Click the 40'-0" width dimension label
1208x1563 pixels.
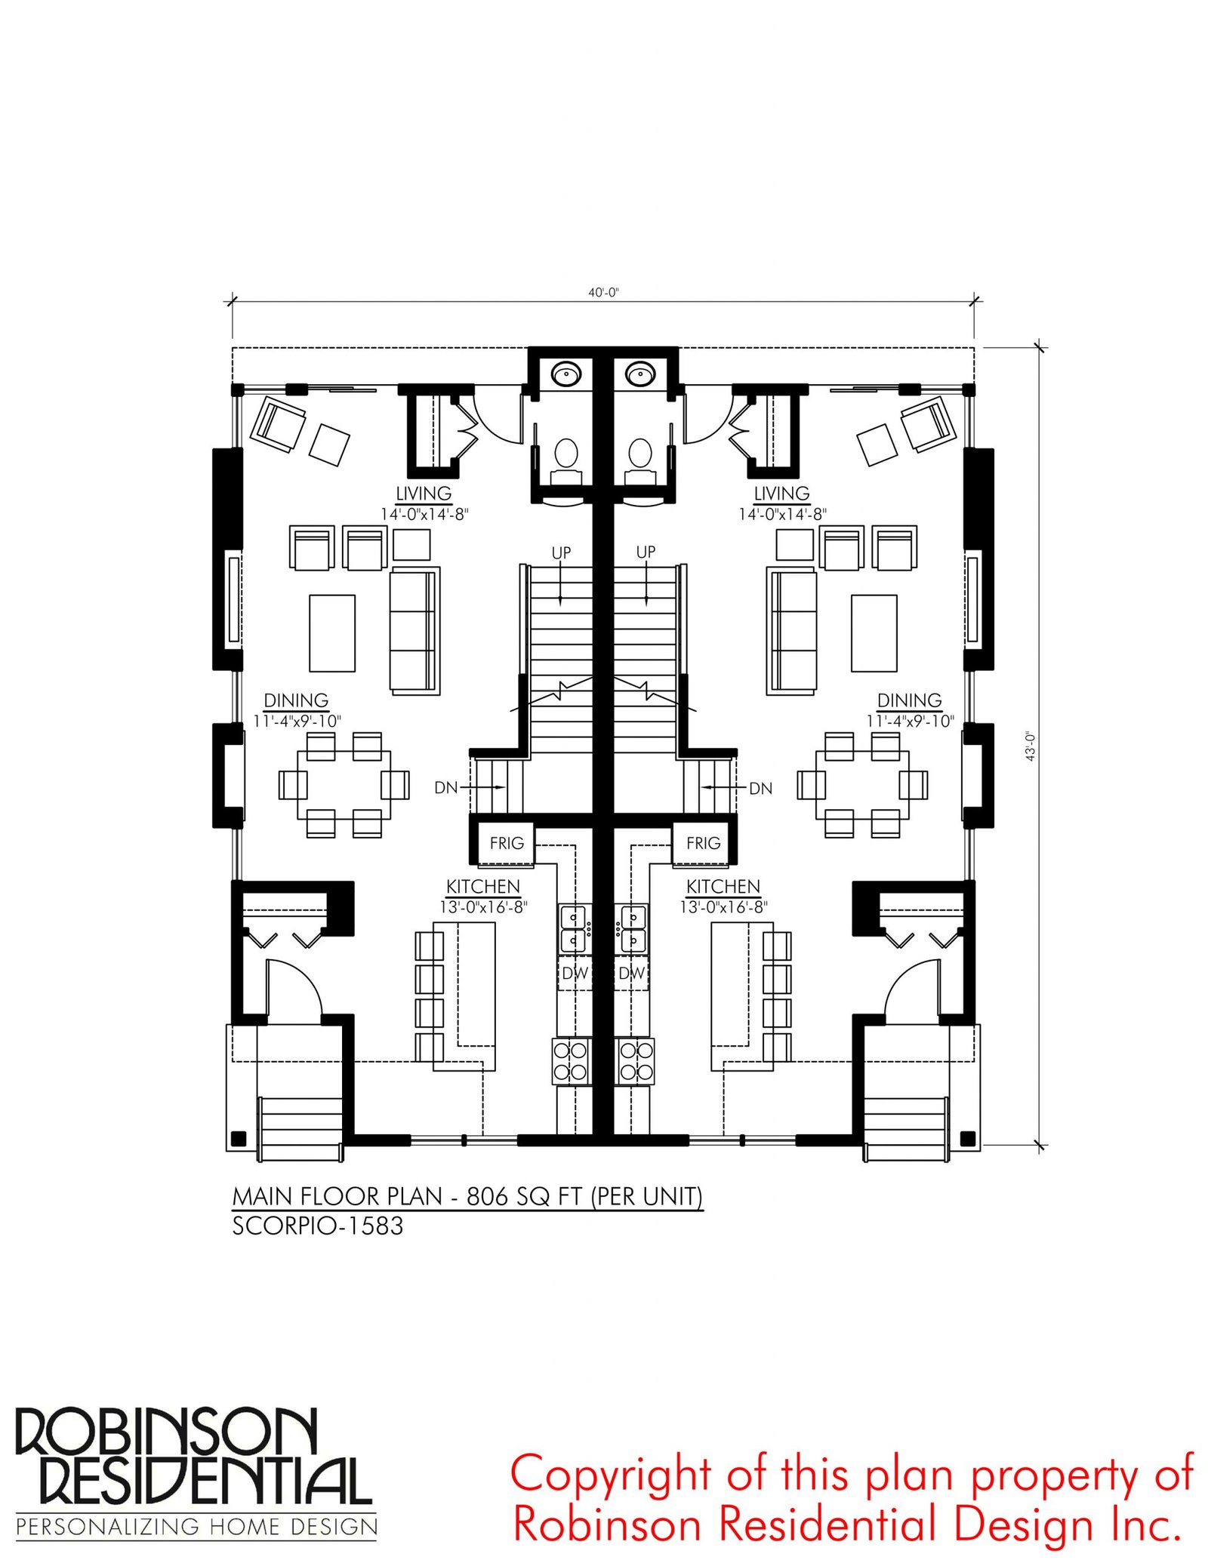[x=603, y=292]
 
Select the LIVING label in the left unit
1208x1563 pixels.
[x=424, y=493]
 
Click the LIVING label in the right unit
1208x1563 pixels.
[x=781, y=493]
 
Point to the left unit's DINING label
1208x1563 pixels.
[x=296, y=700]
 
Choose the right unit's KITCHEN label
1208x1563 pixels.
[x=723, y=886]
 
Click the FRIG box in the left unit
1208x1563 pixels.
[x=507, y=843]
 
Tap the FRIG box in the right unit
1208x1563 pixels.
[x=703, y=843]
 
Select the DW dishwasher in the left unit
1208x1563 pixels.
[x=575, y=973]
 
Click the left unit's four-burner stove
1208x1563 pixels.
[x=571, y=1061]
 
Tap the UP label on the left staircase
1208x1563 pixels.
[x=561, y=552]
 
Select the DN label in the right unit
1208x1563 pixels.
[x=760, y=788]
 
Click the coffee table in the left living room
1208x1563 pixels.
[x=332, y=633]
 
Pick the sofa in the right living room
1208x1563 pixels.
[x=791, y=631]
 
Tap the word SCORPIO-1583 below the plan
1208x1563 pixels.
[x=318, y=1226]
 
